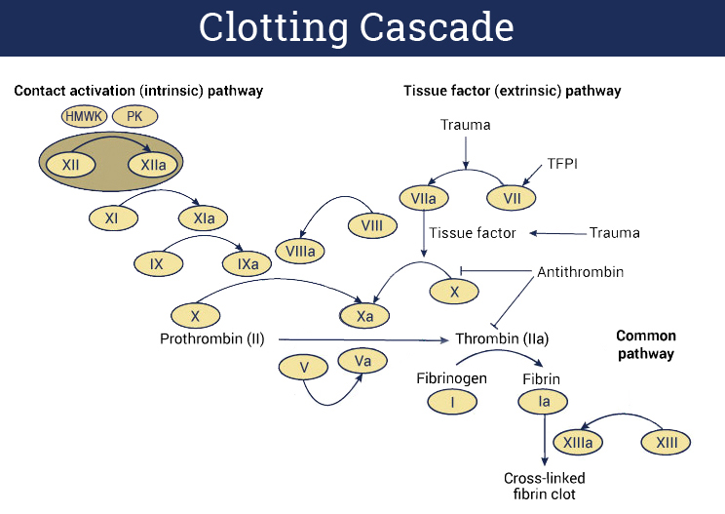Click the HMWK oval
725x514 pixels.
[x=84, y=117]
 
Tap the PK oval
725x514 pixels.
[x=134, y=117]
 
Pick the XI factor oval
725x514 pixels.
[x=112, y=218]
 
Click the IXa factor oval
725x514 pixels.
[x=248, y=263]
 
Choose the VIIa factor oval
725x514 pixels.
[x=423, y=198]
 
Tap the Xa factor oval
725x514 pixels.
[x=364, y=316]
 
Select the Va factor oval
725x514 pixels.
[x=362, y=361]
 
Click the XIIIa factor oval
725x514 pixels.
[x=579, y=442]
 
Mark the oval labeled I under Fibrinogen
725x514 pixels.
[x=452, y=400]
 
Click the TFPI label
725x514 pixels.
[x=563, y=164]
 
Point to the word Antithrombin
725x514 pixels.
[x=580, y=271]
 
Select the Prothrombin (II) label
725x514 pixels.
[x=212, y=339]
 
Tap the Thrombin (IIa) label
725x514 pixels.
[x=502, y=339]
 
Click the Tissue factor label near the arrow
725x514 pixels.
[x=473, y=233]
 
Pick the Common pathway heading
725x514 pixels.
[x=645, y=344]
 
